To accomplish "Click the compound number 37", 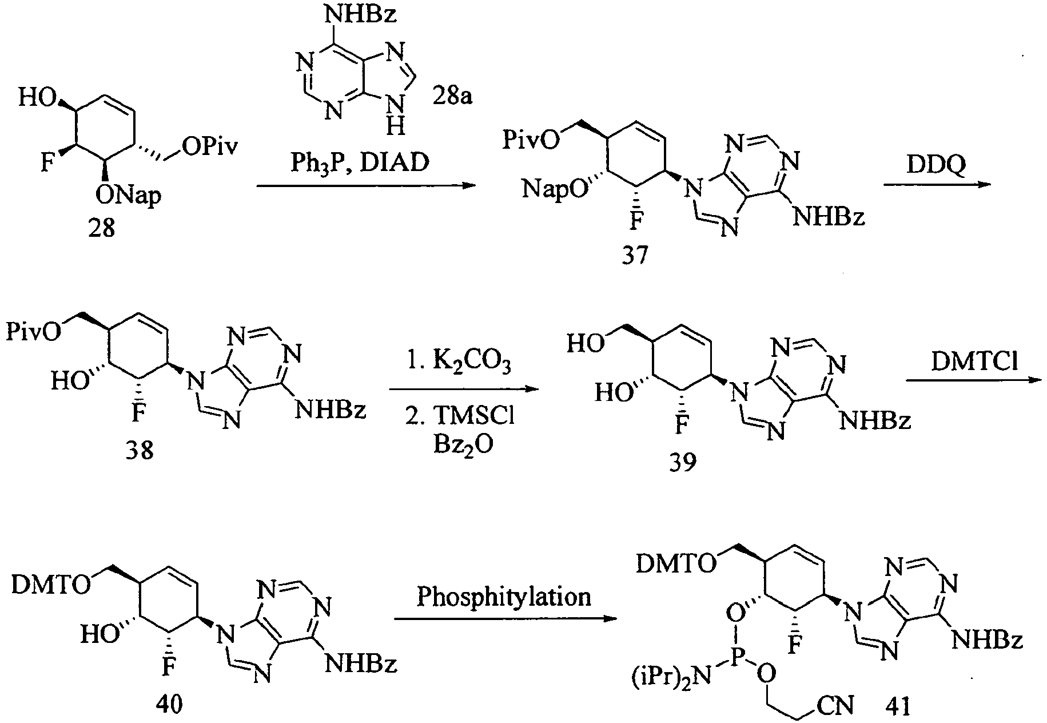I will (635, 255).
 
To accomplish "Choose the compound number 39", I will (683, 462).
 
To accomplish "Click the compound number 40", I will (169, 704).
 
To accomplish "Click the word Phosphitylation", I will (503, 597).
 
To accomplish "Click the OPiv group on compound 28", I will (210, 148).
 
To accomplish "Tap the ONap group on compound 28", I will (128, 196).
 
